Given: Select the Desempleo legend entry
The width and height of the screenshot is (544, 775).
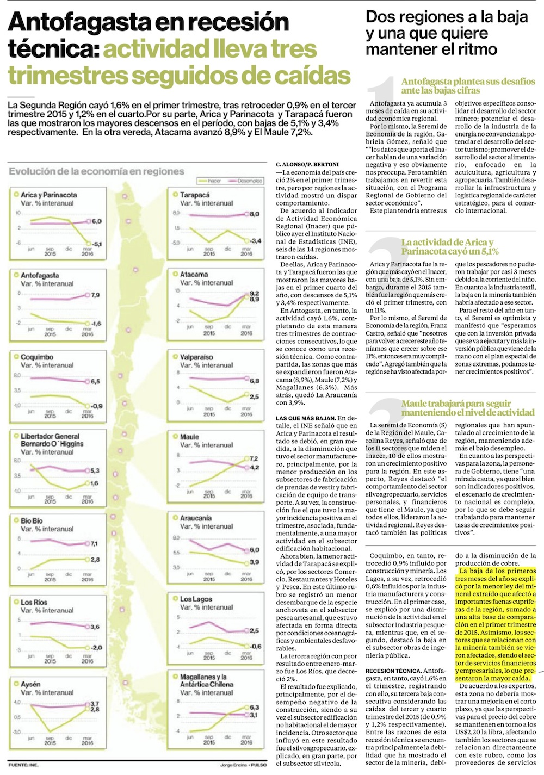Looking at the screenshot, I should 249,181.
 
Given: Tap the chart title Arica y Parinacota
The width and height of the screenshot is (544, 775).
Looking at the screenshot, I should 48,195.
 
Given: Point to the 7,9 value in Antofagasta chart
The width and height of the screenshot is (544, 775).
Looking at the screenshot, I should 95,295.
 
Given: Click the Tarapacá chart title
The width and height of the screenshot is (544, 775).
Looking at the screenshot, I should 195,195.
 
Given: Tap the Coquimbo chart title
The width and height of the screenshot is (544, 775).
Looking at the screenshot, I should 37,357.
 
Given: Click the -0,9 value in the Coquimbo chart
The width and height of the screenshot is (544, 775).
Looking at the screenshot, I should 96,406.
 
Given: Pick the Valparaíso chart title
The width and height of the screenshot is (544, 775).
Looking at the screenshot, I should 196,357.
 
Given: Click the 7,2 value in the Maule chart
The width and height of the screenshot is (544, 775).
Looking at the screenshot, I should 254,459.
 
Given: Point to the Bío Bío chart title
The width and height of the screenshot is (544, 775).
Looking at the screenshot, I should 32,521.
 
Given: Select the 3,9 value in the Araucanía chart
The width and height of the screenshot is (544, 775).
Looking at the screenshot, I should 254,562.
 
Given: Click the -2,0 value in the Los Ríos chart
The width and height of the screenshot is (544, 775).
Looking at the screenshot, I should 96,648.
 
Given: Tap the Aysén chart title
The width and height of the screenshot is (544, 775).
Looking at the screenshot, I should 30,685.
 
